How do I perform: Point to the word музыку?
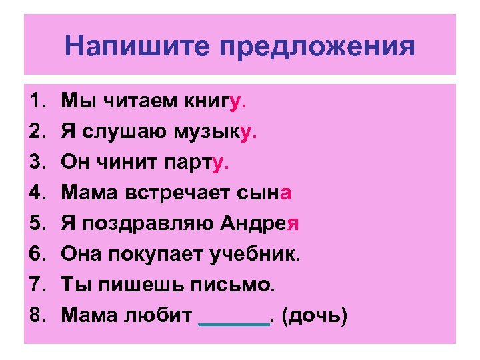coord(217,132)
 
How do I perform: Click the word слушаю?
coord(124,132)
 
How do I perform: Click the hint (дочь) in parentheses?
coord(314,316)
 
